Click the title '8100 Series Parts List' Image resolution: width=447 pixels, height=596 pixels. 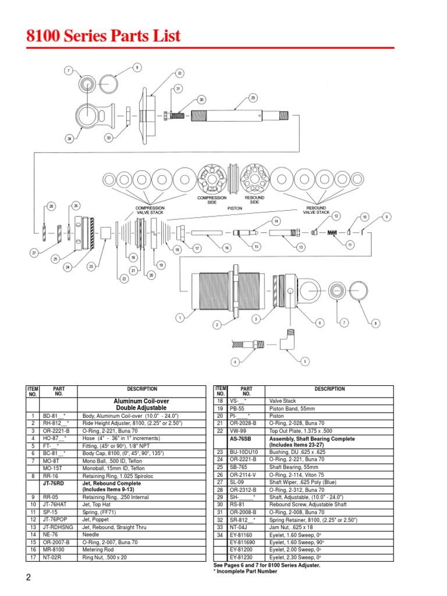(104, 36)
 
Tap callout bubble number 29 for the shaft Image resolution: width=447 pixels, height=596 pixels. (253, 98)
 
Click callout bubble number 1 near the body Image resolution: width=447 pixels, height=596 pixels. (180, 318)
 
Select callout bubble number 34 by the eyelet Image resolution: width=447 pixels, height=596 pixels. (69, 139)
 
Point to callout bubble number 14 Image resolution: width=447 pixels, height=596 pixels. (276, 221)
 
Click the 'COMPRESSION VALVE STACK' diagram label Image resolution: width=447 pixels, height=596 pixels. (150, 210)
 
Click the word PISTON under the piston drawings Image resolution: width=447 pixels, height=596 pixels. (234, 208)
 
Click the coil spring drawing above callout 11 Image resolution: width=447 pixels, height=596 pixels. (332, 233)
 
